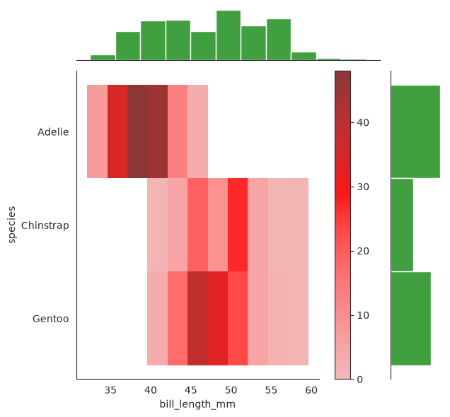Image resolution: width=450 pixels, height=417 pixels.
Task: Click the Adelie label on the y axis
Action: tap(53, 132)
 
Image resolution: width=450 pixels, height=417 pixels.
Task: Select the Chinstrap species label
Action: tap(45, 225)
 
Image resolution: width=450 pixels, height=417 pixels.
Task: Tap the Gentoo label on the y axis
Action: tap(50, 319)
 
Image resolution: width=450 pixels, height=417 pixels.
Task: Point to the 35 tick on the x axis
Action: tap(110, 390)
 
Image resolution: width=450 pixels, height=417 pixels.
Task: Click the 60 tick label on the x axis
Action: tap(311, 390)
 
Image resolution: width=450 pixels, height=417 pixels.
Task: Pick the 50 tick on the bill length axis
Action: tap(231, 390)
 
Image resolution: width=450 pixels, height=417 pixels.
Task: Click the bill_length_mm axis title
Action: tap(197, 404)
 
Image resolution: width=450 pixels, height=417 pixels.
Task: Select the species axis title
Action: tap(11, 225)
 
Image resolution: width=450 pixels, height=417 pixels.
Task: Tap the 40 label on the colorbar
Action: tap(363, 123)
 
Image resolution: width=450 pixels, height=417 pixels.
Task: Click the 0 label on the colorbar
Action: tap(360, 380)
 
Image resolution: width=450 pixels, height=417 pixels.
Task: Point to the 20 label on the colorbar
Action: tap(363, 251)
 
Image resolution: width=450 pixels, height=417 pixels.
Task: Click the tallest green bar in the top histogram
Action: tap(229, 35)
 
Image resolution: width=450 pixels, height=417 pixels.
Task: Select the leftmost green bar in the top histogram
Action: tap(103, 58)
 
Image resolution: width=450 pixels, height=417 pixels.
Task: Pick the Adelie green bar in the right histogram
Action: tap(415, 131)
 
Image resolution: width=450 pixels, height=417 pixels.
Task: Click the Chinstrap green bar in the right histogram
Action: tap(402, 225)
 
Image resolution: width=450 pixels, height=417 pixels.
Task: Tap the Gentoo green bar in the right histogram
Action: tap(411, 319)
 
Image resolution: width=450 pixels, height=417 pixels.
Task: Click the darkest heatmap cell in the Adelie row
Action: tap(137, 131)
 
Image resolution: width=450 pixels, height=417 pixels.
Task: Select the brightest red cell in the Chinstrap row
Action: tap(238, 225)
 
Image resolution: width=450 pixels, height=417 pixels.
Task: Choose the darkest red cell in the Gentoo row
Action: tap(197, 319)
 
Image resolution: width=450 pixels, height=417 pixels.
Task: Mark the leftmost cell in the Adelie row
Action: tap(98, 131)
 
